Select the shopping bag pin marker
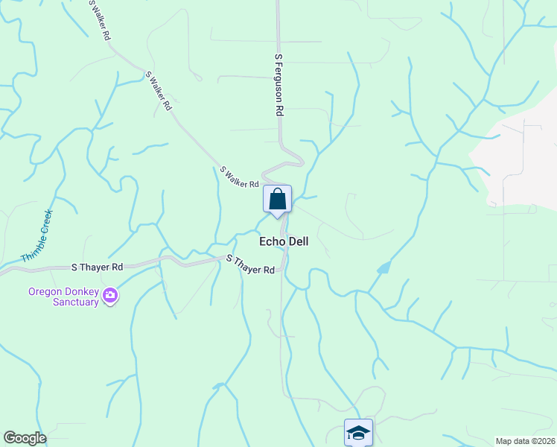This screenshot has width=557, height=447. tap(277, 200)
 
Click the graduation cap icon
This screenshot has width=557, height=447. tap(358, 432)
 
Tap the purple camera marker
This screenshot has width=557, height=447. tap(110, 297)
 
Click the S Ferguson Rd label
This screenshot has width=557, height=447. tap(280, 83)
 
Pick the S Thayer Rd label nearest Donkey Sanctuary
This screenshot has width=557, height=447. tap(97, 267)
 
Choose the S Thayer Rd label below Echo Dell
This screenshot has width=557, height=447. tap(251, 264)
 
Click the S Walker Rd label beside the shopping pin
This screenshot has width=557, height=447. tap(239, 177)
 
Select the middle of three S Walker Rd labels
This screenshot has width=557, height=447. tap(159, 91)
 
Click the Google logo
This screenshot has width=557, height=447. tap(25, 438)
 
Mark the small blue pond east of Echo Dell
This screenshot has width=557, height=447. tap(383, 267)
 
